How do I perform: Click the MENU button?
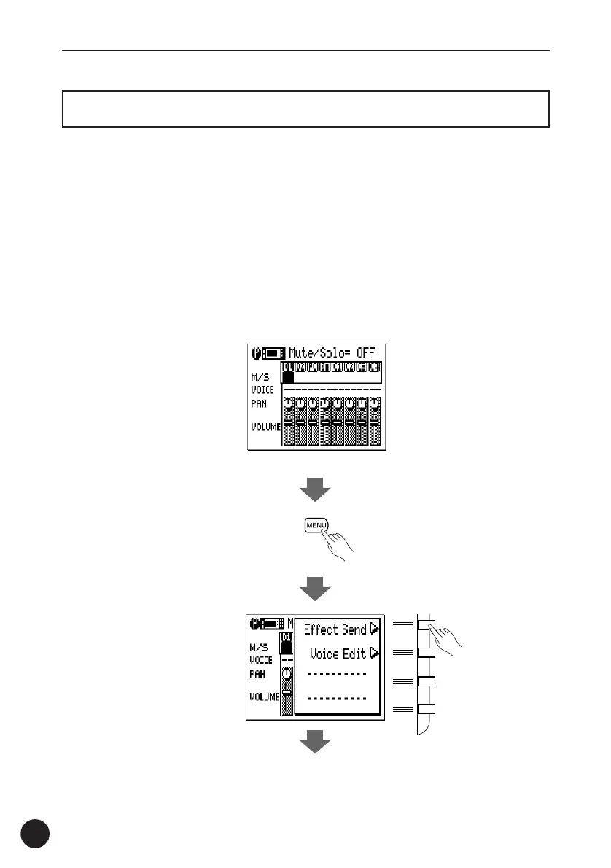click(x=316, y=525)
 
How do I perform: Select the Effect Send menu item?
click(x=335, y=629)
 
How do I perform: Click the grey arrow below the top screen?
click(x=316, y=490)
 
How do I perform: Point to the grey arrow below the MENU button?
click(x=316, y=587)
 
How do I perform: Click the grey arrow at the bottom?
click(x=316, y=743)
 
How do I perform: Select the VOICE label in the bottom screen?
click(x=261, y=659)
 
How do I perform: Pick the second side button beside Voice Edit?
click(x=426, y=652)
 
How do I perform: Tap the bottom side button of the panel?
click(x=426, y=709)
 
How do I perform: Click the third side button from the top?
click(x=426, y=681)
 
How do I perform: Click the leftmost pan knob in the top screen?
click(x=288, y=403)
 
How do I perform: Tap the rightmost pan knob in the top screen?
click(x=375, y=403)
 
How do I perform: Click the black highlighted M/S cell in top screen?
click(x=288, y=377)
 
